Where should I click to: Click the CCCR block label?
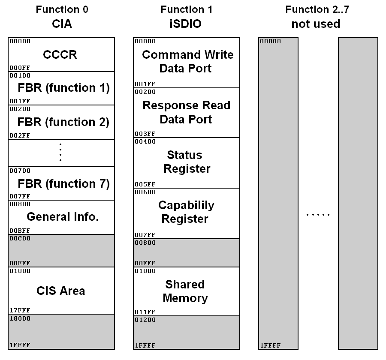[60, 55]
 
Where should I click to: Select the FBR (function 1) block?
[63, 88]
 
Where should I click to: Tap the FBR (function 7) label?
[63, 184]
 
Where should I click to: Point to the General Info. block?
[63, 216]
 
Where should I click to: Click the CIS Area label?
[60, 291]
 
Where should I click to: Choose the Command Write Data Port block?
[187, 62]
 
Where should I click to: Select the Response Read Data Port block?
[186, 112]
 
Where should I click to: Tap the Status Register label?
[187, 162]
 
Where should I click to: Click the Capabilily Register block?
[186, 212]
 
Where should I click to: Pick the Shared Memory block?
[185, 291]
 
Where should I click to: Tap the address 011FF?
[145, 312]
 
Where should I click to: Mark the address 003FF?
[145, 133]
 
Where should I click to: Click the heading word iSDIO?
[186, 24]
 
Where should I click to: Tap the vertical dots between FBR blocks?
[60, 153]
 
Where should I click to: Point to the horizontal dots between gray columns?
[318, 214]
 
